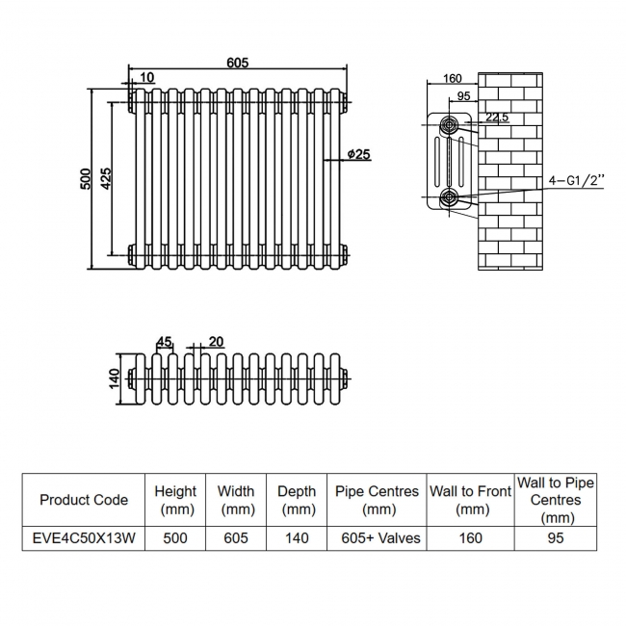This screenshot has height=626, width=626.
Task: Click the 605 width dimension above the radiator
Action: pos(238,63)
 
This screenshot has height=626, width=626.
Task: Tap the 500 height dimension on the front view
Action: pos(85,178)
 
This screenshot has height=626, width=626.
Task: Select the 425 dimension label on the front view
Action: pos(104,178)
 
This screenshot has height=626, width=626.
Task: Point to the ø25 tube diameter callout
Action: pos(356,155)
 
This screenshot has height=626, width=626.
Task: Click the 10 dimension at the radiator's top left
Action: pos(146,77)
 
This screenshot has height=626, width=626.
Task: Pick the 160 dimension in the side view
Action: pos(453,78)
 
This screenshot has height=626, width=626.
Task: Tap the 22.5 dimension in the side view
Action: pos(497,117)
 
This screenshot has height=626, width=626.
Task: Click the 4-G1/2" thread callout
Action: pos(575,180)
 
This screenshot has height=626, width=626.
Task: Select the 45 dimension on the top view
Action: pos(164,341)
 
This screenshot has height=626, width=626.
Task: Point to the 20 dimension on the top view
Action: pos(215,341)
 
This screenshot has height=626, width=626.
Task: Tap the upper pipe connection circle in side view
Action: pos(449,124)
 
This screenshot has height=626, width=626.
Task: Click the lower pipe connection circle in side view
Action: pos(449,198)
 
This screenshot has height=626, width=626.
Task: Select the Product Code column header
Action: pos(84,500)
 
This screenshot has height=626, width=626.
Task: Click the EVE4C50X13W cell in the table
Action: pos(84,537)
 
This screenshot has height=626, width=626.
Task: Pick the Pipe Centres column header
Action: pos(377,500)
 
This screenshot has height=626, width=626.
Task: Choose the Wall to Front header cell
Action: pos(470,500)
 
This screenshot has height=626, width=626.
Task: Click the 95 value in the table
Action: pos(555,537)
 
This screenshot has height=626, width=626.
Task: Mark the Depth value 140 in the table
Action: pos(297,537)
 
